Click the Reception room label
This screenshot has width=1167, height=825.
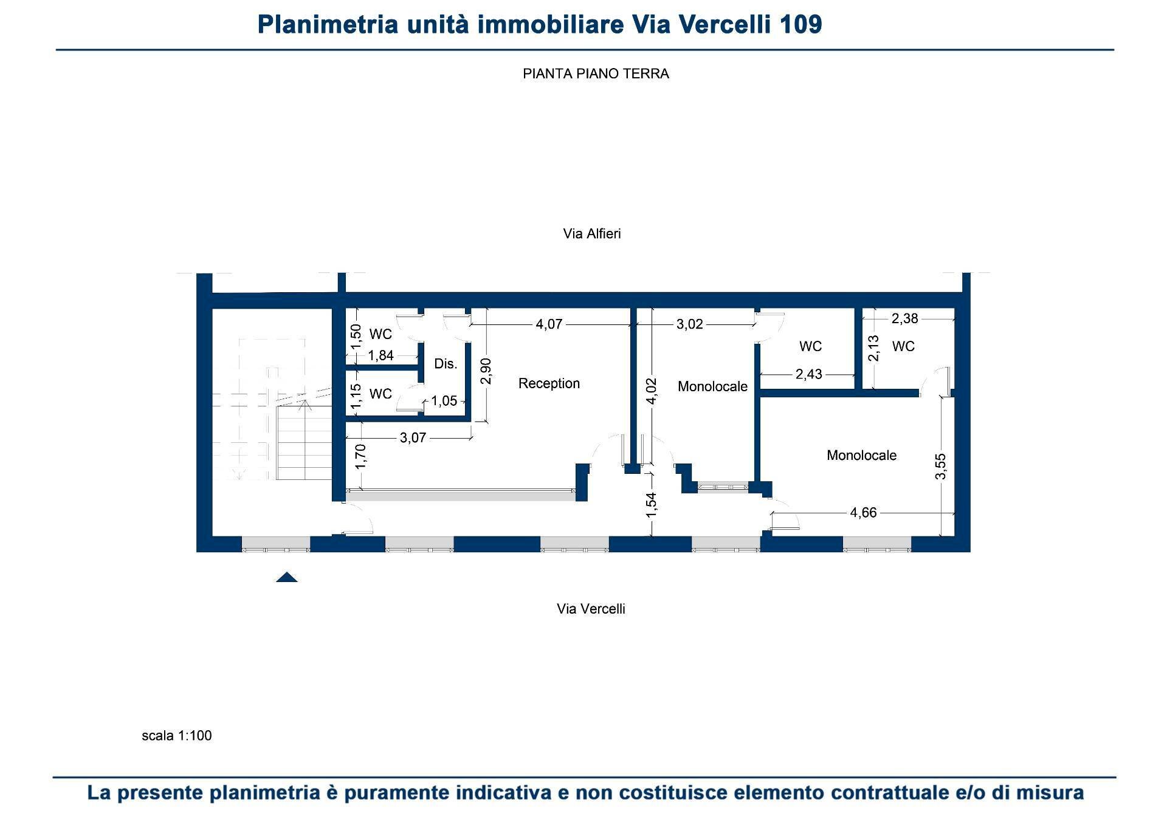coord(549,383)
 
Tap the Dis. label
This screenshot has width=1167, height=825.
coord(446,364)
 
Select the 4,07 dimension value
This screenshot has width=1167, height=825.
coord(549,324)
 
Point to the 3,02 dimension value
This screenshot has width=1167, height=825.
coord(689,324)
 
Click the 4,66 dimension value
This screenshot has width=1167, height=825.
coord(863,513)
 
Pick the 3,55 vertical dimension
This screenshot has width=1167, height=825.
coord(940,466)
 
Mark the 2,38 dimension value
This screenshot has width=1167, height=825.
coord(904,318)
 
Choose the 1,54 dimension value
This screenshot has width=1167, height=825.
coord(651,505)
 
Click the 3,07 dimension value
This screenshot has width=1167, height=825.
coord(413,437)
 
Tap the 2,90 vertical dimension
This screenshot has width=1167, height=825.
coord(486,371)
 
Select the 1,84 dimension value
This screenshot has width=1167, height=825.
coord(381,355)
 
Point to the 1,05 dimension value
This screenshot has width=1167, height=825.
coord(444,401)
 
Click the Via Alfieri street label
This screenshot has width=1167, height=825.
coord(591,234)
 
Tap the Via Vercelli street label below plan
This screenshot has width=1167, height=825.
coord(591,609)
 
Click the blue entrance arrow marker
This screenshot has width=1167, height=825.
coord(287,577)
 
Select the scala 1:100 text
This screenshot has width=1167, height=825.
coord(176,736)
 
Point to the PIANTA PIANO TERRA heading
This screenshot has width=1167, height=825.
coord(596,74)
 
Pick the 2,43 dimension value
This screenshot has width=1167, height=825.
coord(808,374)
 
